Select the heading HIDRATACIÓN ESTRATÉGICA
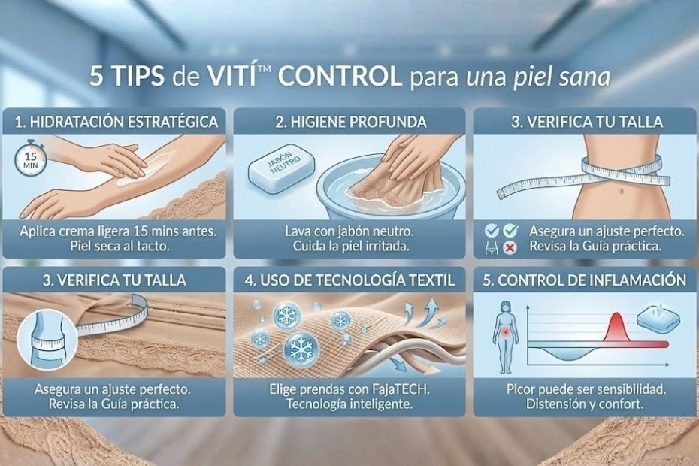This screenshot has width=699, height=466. click(x=123, y=122)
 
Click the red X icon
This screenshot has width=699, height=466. click(x=510, y=248)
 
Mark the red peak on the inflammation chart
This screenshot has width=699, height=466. click(x=616, y=328)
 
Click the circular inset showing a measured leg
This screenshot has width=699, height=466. click(x=47, y=340)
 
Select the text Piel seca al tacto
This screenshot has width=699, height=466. click(x=120, y=246)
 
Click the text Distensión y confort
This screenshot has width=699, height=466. click(x=585, y=404)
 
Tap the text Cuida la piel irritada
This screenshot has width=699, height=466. click(x=351, y=246)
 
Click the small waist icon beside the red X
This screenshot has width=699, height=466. click(x=492, y=248)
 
